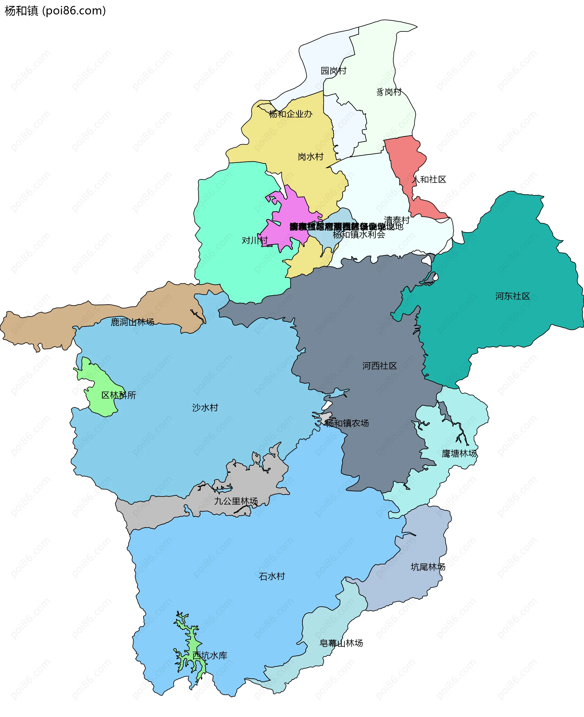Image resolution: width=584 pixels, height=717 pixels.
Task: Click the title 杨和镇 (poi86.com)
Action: click(55, 11)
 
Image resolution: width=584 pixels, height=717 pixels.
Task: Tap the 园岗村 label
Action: click(333, 71)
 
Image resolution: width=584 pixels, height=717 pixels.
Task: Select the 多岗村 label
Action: click(389, 92)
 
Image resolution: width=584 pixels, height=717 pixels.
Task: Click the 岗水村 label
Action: click(310, 157)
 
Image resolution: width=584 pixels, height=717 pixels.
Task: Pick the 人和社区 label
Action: click(429, 179)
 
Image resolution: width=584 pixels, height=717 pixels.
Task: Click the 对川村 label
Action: click(255, 240)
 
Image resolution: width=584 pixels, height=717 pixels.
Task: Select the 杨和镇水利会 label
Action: click(359, 235)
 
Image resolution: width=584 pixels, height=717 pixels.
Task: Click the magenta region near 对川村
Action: click(289, 219)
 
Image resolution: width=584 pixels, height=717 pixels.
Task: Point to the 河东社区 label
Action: click(512, 296)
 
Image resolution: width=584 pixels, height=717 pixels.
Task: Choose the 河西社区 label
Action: click(380, 366)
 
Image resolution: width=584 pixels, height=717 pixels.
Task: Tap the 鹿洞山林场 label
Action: click(132, 322)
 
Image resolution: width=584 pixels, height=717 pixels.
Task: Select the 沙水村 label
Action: click(205, 408)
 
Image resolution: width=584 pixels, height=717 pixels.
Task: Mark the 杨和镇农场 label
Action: click(346, 423)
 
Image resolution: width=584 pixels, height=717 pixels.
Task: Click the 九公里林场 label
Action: click(236, 501)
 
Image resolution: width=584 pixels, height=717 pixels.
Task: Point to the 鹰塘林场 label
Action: click(459, 454)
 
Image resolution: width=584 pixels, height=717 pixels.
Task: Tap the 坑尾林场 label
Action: click(428, 567)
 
